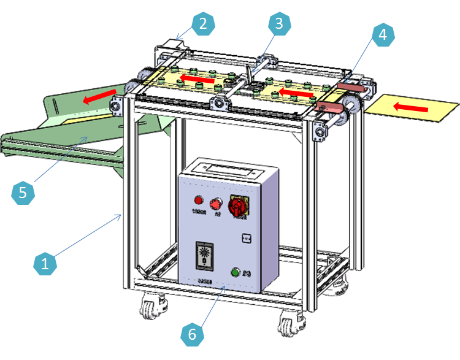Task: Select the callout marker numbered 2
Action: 204,25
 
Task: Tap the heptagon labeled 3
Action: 278,24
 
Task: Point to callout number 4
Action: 382,34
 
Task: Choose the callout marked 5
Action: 23,193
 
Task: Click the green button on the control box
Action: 234,273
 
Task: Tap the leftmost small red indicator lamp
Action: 198,200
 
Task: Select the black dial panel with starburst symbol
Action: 204,255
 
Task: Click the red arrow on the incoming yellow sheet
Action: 410,108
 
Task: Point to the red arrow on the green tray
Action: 101,96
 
